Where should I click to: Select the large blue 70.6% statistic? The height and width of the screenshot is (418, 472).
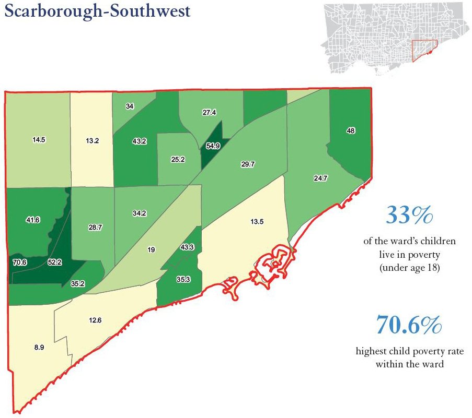pos(409,326)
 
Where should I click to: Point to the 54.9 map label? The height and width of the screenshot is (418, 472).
pos(212,146)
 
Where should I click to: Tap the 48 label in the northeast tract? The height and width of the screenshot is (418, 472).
pos(351,131)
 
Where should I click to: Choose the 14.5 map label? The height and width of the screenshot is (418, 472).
pos(38,140)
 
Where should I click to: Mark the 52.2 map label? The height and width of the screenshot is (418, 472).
pos(54,262)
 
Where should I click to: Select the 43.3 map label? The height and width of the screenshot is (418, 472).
pos(187,246)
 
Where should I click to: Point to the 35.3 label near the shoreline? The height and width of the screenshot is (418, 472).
pos(183,280)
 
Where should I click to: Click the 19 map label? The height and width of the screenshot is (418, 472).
pos(151,250)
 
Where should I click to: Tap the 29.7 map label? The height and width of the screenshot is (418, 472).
pos(247,164)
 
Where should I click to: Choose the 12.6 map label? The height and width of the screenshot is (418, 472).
pos(95,320)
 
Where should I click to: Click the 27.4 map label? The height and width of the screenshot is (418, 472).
pos(209,112)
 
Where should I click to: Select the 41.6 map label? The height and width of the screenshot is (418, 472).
pos(33,221)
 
